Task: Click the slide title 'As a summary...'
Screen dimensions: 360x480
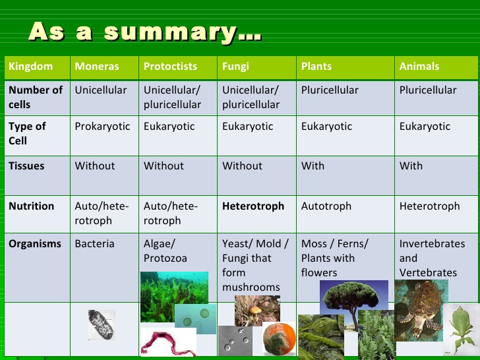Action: (144, 32)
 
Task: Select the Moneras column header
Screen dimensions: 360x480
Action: (97, 67)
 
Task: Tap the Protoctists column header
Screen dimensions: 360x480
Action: (170, 67)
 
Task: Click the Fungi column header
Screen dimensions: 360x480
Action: (235, 67)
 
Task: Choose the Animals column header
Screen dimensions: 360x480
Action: (419, 67)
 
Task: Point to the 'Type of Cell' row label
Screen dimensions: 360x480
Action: (27, 133)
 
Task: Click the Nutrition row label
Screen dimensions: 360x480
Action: (31, 206)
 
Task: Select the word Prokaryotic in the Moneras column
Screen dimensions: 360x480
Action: (102, 127)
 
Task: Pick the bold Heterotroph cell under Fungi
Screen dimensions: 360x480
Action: (253, 206)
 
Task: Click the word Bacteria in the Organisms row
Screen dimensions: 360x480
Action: (94, 244)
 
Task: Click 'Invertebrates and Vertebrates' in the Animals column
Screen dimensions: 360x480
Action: (432, 258)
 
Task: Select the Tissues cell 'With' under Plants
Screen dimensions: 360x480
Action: (313, 166)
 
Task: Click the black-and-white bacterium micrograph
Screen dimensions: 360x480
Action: (102, 325)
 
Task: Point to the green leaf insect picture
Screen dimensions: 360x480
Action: (461, 330)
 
